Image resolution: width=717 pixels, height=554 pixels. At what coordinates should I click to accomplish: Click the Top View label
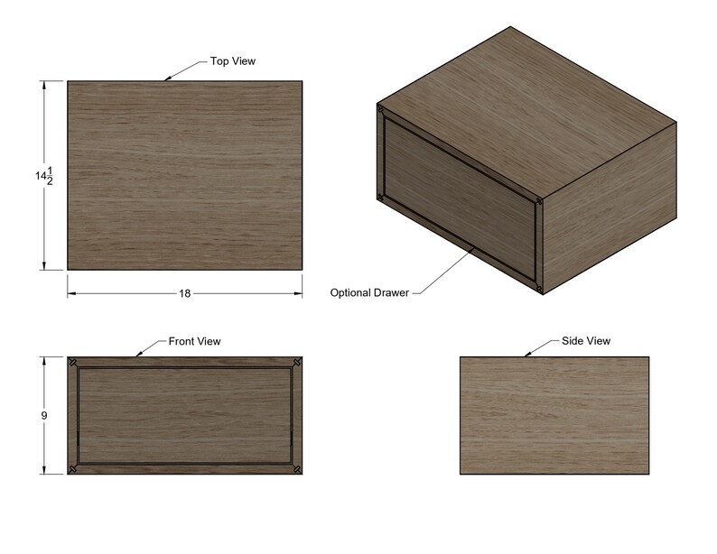tap(232, 61)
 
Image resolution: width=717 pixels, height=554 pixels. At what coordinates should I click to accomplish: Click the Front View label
tap(194, 342)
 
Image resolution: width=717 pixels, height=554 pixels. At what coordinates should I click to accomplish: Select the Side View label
tap(587, 341)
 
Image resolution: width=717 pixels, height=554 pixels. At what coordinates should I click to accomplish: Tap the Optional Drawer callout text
tap(369, 293)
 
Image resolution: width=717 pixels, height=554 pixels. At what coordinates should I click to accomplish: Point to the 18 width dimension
tap(185, 294)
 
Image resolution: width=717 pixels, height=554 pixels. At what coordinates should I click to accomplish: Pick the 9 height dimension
tap(43, 416)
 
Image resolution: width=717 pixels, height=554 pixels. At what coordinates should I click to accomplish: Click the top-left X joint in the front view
tap(72, 363)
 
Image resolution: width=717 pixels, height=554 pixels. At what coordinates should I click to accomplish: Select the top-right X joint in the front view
tap(297, 363)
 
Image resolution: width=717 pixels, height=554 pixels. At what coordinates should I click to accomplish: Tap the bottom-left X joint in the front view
tap(72, 469)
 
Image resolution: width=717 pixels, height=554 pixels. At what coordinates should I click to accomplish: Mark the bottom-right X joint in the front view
tap(297, 469)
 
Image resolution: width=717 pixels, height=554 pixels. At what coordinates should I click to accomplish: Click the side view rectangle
tap(554, 415)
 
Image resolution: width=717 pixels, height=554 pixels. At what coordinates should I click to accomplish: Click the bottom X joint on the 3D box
tap(539, 288)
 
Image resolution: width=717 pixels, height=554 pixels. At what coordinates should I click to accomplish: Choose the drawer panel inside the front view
tap(185, 416)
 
